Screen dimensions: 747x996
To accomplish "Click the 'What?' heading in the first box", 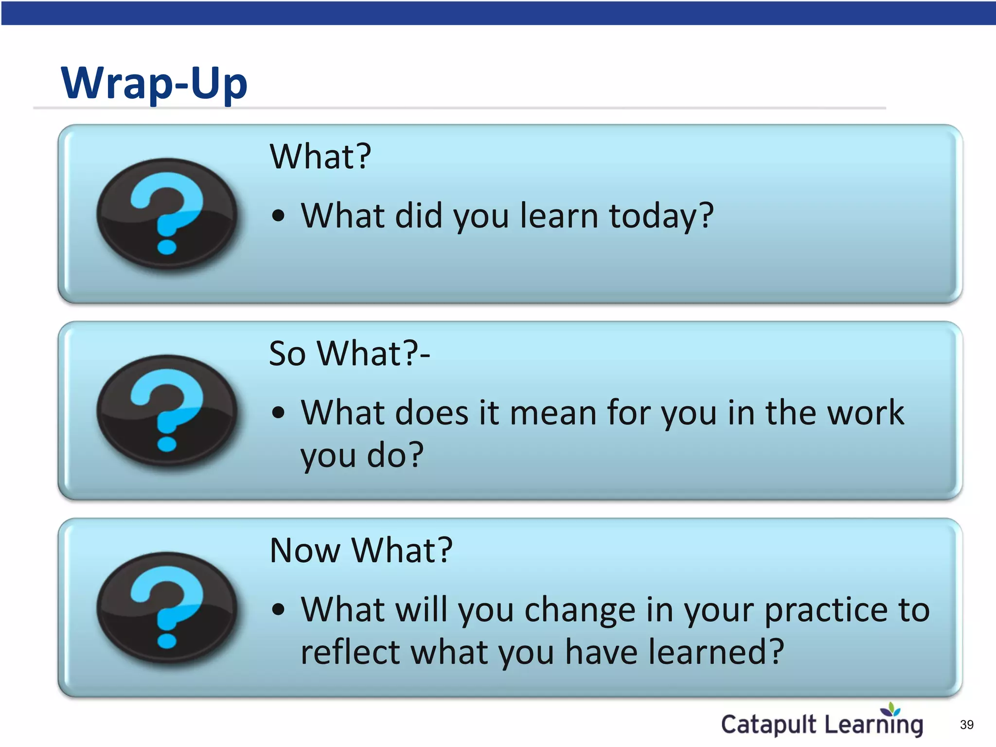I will (320, 157).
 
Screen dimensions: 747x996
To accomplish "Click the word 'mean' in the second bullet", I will (553, 413).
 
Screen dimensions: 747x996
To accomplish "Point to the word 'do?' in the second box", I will (395, 455).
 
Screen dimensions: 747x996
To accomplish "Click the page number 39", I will (967, 725).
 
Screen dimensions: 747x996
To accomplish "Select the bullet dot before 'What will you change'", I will (278, 609).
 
